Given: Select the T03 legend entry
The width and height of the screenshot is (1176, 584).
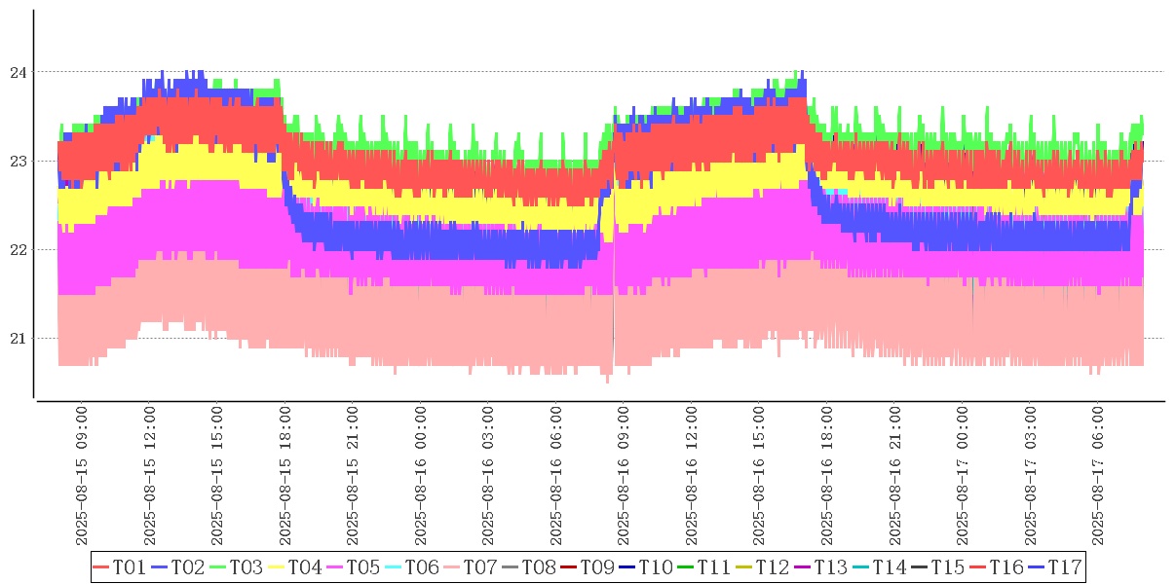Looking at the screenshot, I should coord(237,567).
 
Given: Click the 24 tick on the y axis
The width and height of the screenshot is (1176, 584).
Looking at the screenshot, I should coord(17,72).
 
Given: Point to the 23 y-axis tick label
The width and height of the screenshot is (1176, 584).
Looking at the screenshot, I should coord(17,161).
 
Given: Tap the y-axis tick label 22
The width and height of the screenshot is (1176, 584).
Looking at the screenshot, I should coord(17,249).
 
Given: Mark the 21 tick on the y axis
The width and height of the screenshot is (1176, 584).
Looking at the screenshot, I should coord(17,339).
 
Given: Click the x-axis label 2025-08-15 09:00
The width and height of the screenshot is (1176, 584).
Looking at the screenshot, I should coord(82,477).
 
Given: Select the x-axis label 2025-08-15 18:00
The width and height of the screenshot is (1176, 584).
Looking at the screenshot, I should coord(285,477).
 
